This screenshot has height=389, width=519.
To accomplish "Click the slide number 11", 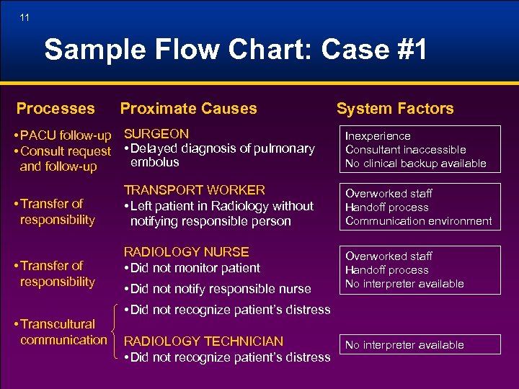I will tap(25, 17).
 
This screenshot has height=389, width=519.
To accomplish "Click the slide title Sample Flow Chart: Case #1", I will tap(236, 50).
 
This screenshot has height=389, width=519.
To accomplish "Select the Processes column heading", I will tap(56, 109).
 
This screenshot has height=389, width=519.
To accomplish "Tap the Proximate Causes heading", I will tap(188, 109).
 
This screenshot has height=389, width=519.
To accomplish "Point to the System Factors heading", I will tap(395, 109).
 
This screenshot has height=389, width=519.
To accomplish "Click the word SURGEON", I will tap(156, 134).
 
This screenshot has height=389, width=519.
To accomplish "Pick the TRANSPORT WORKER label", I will tap(195, 190).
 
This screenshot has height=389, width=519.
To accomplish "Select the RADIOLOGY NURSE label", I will tap(187, 252).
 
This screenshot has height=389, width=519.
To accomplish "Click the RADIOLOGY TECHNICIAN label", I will tap(204, 341).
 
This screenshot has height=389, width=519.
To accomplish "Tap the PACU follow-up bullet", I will tap(66, 136).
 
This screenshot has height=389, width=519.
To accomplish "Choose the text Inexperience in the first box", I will tap(378, 136).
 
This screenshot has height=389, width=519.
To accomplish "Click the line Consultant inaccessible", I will tap(405, 150).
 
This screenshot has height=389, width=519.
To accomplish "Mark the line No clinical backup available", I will tap(415, 164).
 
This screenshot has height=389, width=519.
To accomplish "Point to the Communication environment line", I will tap(418, 221).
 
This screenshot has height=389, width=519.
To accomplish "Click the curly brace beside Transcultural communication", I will tap(116, 332).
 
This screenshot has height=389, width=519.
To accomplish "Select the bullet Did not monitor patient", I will tap(192, 268).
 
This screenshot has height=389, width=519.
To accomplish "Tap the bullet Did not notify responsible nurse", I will tap(218, 289).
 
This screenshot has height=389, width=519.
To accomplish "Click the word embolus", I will tap(154, 163).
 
